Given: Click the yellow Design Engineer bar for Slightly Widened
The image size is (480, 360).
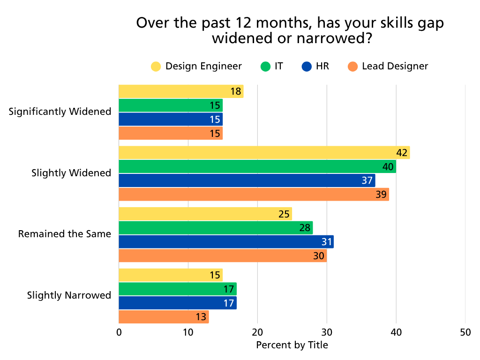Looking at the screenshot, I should pyautogui.click(x=264, y=153).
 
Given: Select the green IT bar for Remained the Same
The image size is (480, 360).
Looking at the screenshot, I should pyautogui.click(x=216, y=228).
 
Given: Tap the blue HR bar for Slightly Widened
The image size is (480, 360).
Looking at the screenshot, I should pyautogui.click(x=247, y=180).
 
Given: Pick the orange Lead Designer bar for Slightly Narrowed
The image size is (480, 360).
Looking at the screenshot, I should pyautogui.click(x=164, y=317).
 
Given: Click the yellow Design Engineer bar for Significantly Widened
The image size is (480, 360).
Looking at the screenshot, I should pyautogui.click(x=181, y=91).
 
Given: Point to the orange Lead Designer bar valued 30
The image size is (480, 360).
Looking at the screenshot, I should pyautogui.click(x=223, y=256).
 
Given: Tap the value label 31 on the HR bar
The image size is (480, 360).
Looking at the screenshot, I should pyautogui.click(x=326, y=242).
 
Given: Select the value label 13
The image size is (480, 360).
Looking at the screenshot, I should pyautogui.click(x=201, y=317).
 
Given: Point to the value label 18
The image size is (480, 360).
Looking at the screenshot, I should pyautogui.click(x=236, y=91).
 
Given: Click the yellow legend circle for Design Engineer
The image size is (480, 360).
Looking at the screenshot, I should pyautogui.click(x=156, y=67).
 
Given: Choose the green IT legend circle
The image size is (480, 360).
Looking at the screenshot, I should pyautogui.click(x=265, y=67).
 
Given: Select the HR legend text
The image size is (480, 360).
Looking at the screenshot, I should pyautogui.click(x=322, y=66).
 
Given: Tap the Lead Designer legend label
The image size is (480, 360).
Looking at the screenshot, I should pyautogui.click(x=395, y=66).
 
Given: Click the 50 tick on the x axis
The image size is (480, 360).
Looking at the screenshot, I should pyautogui.click(x=465, y=332).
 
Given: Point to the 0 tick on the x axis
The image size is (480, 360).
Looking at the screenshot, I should pyautogui.click(x=119, y=332).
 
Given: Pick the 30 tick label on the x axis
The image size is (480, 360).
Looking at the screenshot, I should pyautogui.click(x=327, y=332).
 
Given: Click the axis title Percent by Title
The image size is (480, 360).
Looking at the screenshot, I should pyautogui.click(x=292, y=345).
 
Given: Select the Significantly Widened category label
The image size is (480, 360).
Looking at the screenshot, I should pyautogui.click(x=60, y=112).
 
